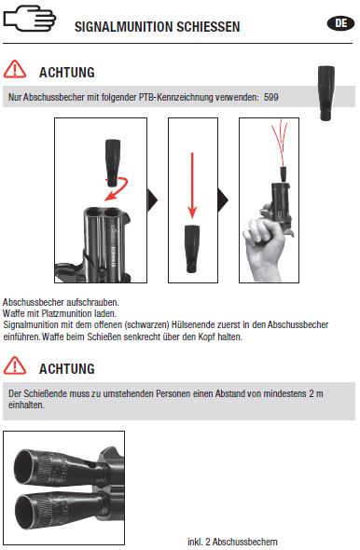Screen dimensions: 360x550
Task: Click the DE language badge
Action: pos(340,23)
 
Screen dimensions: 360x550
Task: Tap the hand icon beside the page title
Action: pos(30,19)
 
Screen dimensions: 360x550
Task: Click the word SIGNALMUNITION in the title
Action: pos(123,27)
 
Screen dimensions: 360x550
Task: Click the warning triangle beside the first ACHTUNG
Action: pos(15,69)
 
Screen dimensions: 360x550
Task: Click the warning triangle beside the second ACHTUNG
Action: pos(15,365)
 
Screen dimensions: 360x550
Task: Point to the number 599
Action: pos(271,97)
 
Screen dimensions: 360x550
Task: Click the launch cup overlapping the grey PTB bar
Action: pos(326,93)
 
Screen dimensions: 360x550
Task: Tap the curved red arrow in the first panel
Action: pos(118,189)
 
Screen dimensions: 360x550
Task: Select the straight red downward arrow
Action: pos(192,186)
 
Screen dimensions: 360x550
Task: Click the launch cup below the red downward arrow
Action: pos(192,249)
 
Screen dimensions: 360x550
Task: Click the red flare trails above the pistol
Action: pos(280,142)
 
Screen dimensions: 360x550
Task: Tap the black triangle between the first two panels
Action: pos(152,200)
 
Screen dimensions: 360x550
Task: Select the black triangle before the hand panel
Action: pos(223,200)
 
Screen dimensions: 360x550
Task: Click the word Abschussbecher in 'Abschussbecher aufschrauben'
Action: pos(34,302)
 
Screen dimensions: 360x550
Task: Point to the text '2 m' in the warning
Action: pos(316,393)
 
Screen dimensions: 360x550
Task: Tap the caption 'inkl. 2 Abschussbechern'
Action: pos(232,542)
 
